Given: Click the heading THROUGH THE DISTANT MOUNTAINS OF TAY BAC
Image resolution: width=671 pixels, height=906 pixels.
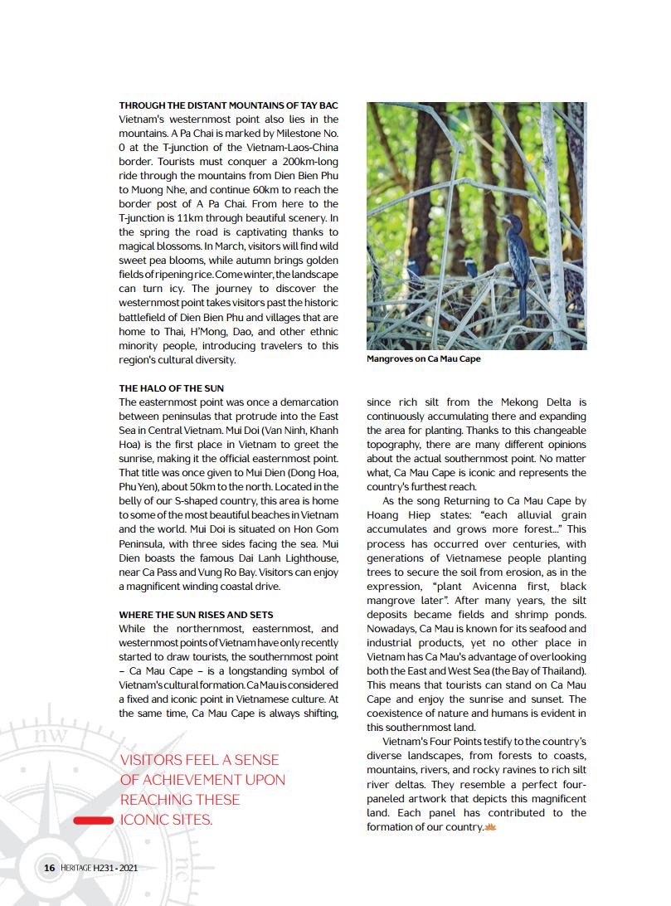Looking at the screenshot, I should coord(228,107).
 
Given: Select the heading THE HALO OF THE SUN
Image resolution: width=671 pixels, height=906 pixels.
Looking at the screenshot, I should coord(171,388).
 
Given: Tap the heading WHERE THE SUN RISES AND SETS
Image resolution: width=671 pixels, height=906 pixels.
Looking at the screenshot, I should coord(196,616).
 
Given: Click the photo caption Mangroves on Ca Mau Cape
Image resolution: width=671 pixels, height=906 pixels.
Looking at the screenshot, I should coord(423,359).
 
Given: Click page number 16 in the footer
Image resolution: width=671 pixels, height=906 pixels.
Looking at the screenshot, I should coord(49,868).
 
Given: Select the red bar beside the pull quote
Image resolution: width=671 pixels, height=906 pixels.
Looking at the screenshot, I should coord(92,821).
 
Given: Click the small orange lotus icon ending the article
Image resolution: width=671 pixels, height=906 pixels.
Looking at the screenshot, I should coord(490,827).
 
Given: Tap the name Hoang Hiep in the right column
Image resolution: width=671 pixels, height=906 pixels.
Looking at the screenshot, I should coord(395,515).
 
